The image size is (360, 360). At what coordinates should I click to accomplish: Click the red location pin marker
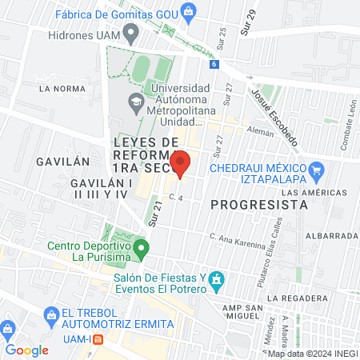pyautogui.click(x=181, y=163)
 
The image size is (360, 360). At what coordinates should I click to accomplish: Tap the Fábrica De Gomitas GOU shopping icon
pyautogui.click(x=188, y=10)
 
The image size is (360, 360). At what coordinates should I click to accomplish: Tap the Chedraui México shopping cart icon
pyautogui.click(x=316, y=170)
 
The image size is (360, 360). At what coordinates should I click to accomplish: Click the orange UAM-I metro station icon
pyautogui.click(x=98, y=338)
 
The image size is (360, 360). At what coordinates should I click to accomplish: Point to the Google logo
pyautogui.click(x=26, y=350)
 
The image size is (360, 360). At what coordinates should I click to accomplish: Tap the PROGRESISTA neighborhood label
pyautogui.click(x=259, y=204)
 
